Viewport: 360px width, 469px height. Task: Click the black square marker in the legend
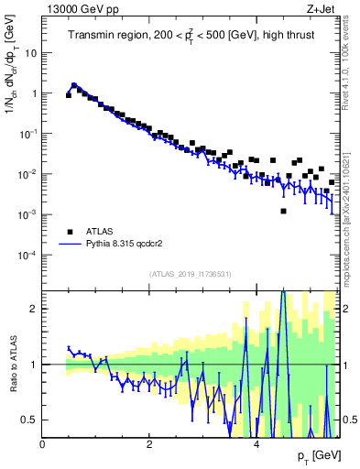point(70,232)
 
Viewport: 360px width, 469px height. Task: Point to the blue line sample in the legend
point(70,245)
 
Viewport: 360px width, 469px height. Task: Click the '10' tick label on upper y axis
point(30,52)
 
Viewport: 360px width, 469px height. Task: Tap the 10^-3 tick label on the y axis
point(28,214)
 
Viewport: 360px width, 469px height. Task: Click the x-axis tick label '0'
point(42,443)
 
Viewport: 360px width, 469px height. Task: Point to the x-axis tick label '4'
point(256,443)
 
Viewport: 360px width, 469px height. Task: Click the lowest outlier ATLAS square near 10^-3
point(283,212)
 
